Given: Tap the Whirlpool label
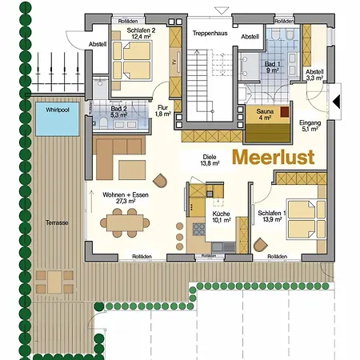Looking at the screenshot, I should click(x=58, y=109).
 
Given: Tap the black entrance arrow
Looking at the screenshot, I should click(x=338, y=101).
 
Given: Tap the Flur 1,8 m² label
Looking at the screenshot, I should click(x=162, y=110).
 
